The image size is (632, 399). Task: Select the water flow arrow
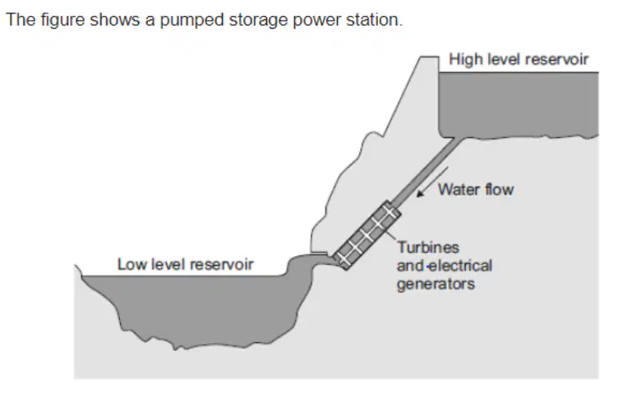(432, 182)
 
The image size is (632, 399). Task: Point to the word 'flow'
(499, 189)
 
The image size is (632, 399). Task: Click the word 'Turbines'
(428, 247)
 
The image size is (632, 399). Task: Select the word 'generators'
(435, 285)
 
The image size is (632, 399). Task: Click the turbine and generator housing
(367, 235)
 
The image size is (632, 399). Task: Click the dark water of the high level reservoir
(519, 105)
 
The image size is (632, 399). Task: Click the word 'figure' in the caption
(63, 20)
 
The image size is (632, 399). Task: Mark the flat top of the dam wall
(430, 57)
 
